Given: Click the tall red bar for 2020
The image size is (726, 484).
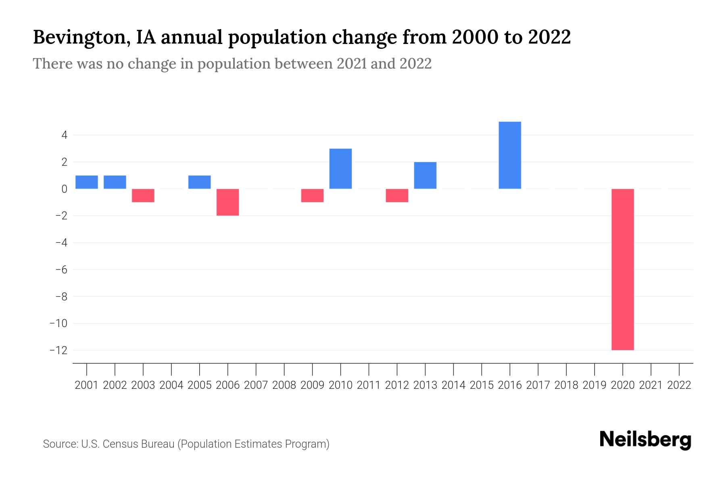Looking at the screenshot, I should [622, 269].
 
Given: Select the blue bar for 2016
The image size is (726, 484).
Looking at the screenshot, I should [510, 155].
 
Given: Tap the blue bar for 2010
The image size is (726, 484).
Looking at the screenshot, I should [340, 169].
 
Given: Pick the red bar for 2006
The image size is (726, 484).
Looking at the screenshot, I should [227, 202].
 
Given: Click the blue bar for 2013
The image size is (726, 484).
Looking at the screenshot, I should [425, 175].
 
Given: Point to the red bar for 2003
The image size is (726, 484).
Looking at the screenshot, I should [143, 196].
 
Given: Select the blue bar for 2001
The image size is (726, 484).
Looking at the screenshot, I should [87, 182].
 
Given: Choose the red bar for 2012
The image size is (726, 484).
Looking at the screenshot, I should [397, 196].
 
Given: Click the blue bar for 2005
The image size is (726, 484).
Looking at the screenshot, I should [199, 182].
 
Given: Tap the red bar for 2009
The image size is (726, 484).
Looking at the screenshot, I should [312, 196].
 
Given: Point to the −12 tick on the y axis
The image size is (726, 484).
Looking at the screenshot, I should [58, 350].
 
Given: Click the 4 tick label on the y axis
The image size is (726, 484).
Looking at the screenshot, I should [64, 135].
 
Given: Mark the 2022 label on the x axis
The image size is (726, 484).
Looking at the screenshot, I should [679, 385].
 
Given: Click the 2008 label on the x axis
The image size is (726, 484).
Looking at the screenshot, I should [284, 385].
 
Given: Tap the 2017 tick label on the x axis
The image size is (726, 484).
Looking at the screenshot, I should [538, 385].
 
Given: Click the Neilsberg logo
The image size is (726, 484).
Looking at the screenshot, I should [645, 440].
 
